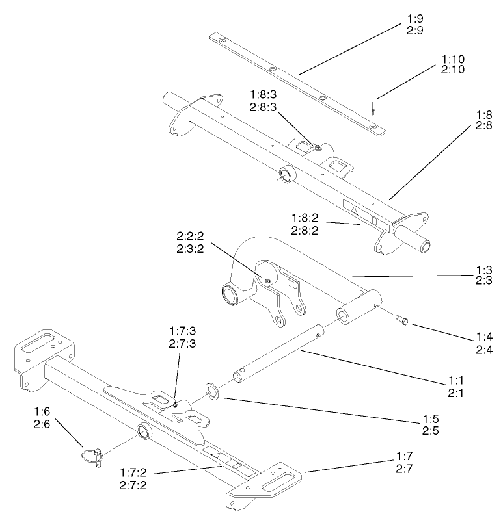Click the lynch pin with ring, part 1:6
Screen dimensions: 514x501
tap(93, 453)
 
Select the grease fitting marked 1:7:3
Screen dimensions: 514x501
tap(176, 405)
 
